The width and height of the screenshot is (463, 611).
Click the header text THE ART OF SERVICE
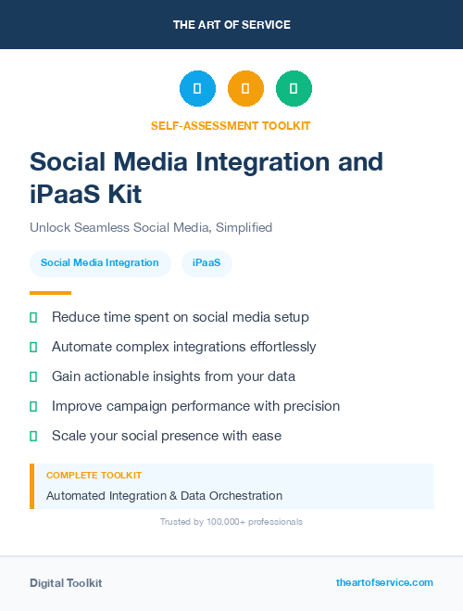(231, 24)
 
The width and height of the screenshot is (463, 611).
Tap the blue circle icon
(197, 89)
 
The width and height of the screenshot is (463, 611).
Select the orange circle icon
(245, 89)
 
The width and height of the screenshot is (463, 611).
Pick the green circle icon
(294, 89)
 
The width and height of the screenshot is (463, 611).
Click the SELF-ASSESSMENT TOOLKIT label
(231, 125)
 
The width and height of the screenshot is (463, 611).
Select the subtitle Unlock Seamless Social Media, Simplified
(151, 227)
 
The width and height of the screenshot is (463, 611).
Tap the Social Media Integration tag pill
(100, 263)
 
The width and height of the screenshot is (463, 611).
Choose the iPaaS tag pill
(206, 263)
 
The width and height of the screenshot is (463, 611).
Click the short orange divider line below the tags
(51, 293)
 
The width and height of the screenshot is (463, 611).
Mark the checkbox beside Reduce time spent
(33, 317)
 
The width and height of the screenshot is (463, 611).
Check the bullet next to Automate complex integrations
(33, 347)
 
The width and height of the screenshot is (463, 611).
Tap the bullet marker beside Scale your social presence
(33, 436)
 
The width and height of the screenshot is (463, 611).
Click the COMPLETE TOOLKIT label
(94, 475)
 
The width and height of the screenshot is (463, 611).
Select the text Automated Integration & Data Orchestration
(164, 496)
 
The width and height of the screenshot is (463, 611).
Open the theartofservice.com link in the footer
(384, 582)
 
